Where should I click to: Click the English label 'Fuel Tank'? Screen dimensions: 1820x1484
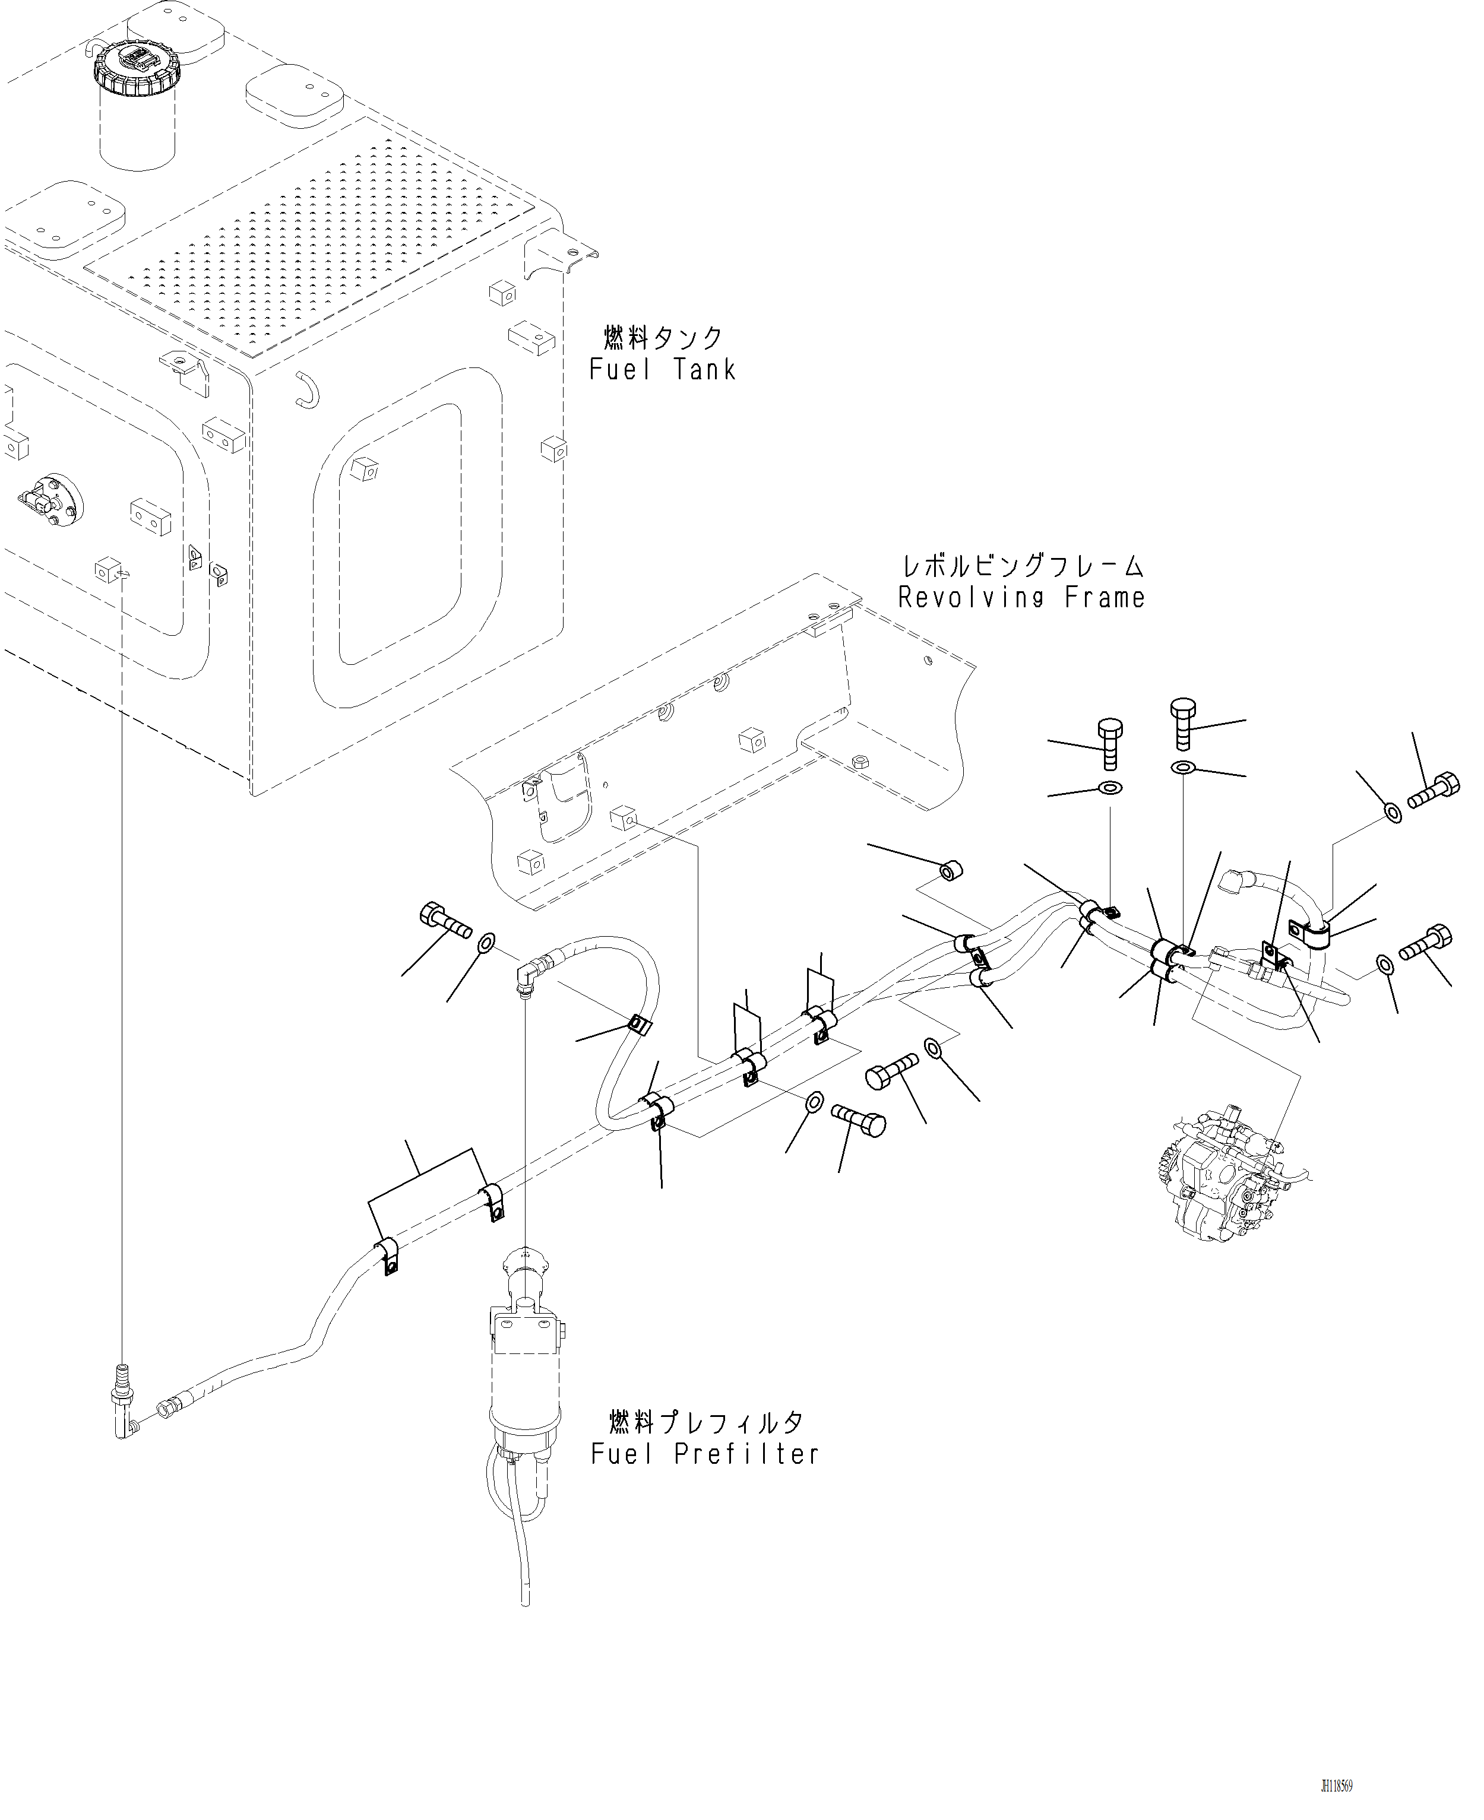663,370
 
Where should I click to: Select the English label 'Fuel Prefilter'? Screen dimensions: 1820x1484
704,1454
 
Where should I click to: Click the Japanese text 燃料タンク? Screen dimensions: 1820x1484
663,338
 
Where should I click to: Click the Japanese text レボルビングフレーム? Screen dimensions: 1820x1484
1023,566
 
